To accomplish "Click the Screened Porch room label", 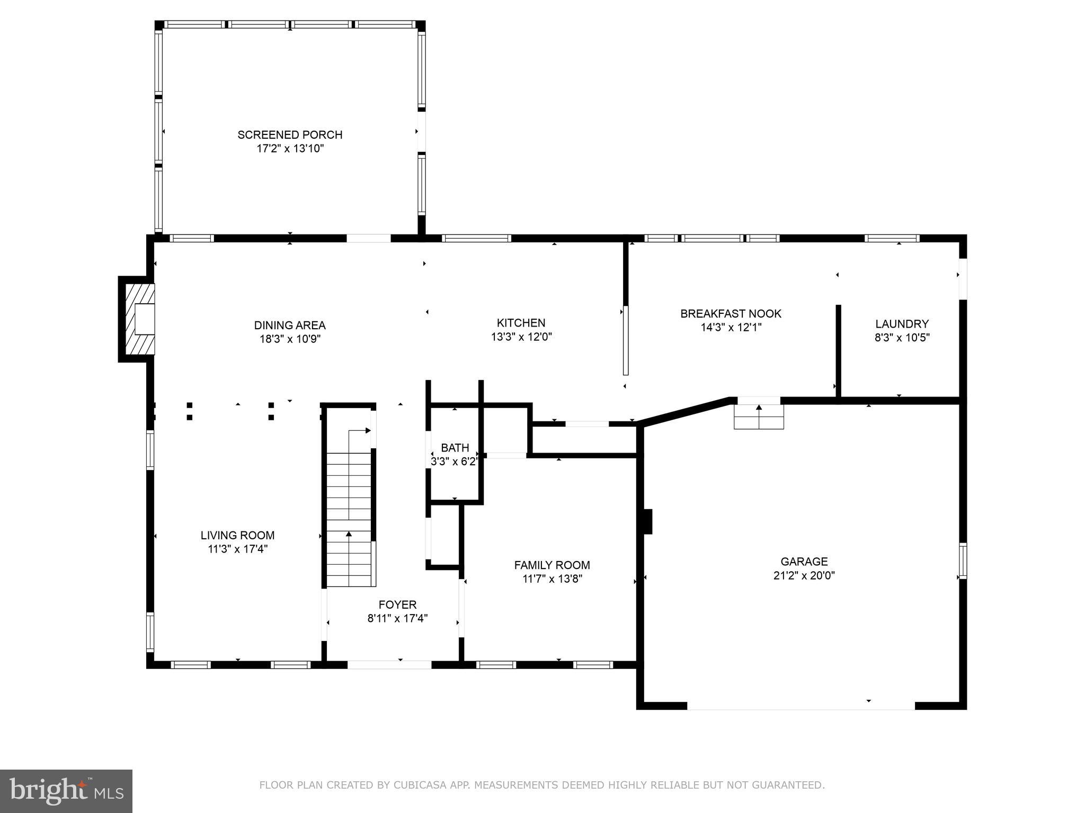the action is pos(290,135).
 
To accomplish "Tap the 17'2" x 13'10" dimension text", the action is pos(290,149).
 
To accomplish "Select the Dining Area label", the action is pos(290,326).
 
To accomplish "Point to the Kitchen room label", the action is pos(521,323).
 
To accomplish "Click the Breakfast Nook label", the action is pos(731,314).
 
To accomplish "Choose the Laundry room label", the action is pos(902,324).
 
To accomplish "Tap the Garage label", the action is pos(804,562).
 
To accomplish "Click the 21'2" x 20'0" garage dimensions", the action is pos(804,575).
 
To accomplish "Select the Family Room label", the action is pos(552,565).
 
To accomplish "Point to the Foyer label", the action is pos(397,604).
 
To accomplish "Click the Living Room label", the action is pos(237,536).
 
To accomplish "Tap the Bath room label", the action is pos(455,448).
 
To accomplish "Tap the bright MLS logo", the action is pos(66,791).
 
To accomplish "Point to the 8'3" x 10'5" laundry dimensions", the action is pos(902,338).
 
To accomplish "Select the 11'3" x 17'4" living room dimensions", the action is pos(237,549).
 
